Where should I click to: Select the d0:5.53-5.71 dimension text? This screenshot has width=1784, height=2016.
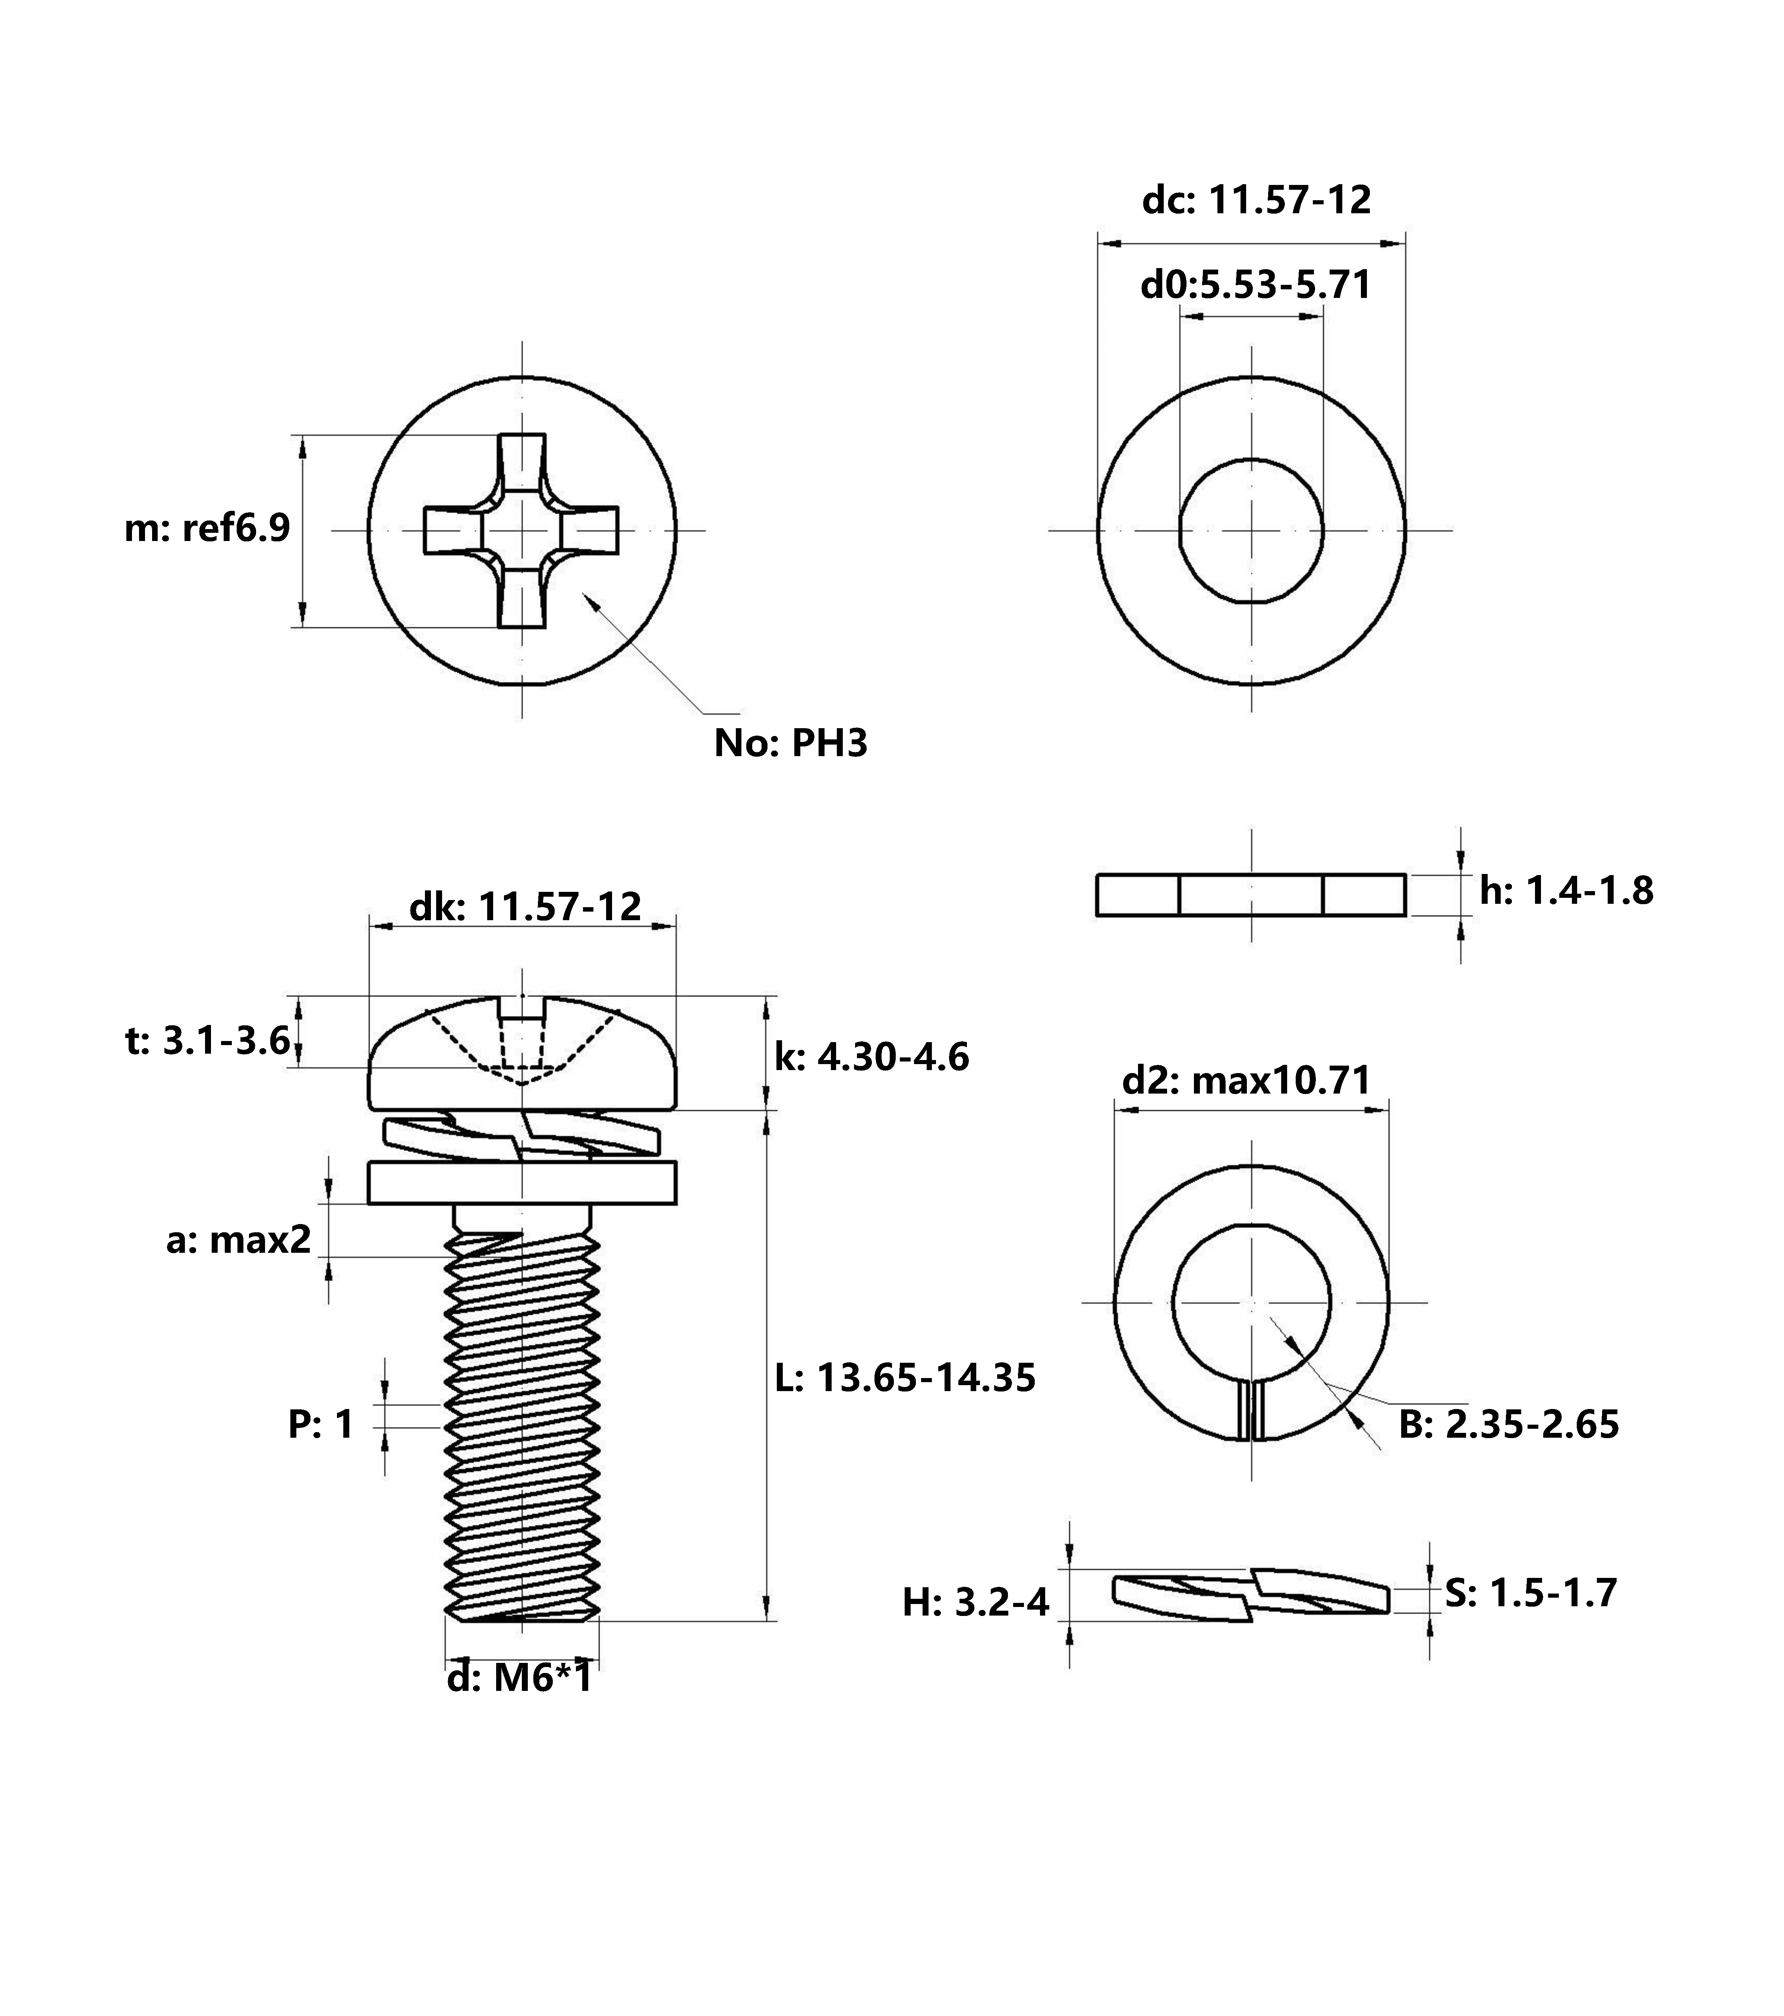point(1255,285)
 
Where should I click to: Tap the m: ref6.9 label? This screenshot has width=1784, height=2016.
point(207,529)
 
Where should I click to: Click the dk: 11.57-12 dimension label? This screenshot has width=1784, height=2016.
point(526,906)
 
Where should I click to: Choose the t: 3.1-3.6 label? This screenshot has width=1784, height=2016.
point(208,1041)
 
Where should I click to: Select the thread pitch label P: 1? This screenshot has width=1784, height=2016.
point(321,1424)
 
